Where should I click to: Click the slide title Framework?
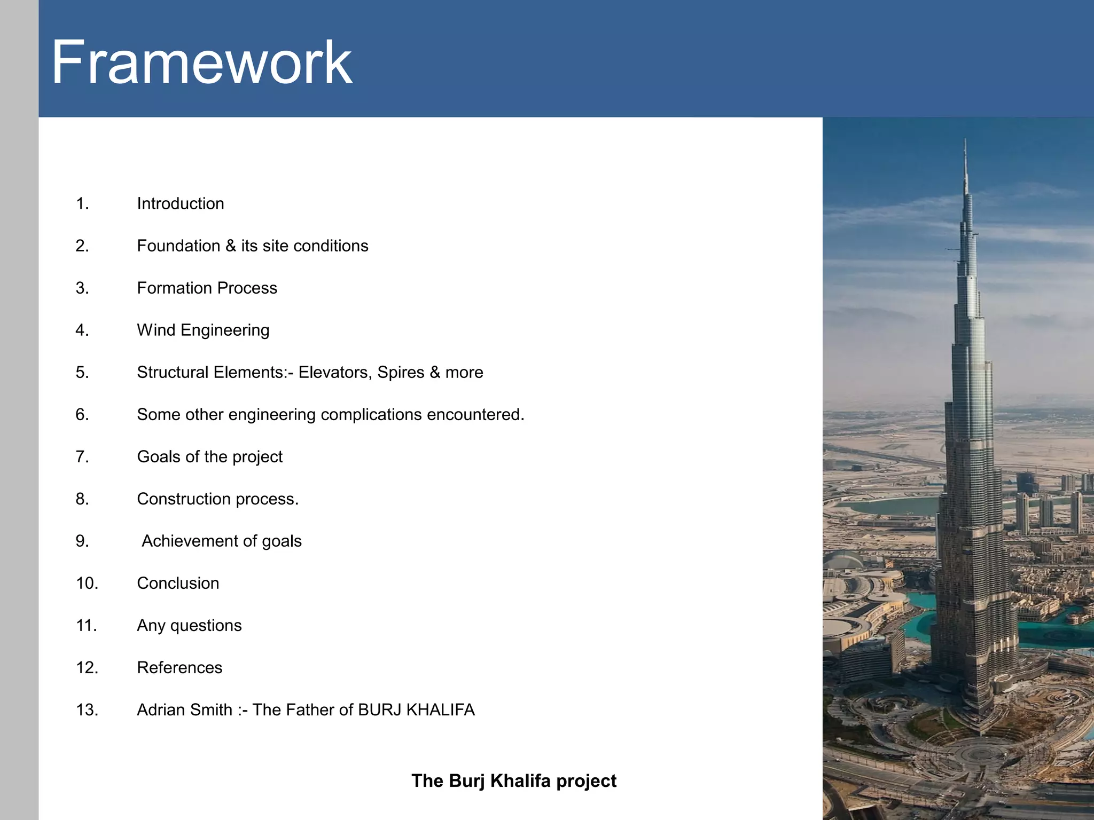coord(201,62)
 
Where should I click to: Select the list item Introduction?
coord(180,203)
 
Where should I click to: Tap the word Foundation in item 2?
coord(178,246)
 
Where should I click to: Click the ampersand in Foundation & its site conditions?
coord(230,246)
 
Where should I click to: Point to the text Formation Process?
coord(207,288)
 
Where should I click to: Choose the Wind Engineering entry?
coord(203,330)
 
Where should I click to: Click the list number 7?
coord(82,456)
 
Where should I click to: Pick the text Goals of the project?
coord(209,456)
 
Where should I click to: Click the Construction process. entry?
coord(217,499)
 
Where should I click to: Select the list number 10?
coord(87,583)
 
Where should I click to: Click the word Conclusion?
coord(178,583)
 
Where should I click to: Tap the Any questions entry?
coord(189,625)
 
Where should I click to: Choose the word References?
coord(179,667)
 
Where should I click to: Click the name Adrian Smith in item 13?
coord(184,709)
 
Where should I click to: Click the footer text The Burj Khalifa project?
coord(514,780)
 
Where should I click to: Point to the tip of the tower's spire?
coord(965,140)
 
